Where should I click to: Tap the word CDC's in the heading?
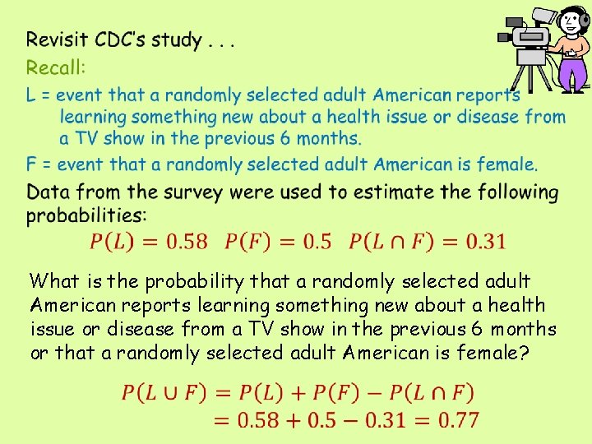click(x=124, y=39)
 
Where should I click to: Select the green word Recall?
click(x=56, y=67)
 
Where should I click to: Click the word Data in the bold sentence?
click(x=48, y=192)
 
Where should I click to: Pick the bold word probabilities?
click(x=86, y=215)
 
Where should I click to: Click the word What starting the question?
click(x=54, y=282)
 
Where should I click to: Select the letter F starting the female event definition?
click(x=31, y=164)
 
